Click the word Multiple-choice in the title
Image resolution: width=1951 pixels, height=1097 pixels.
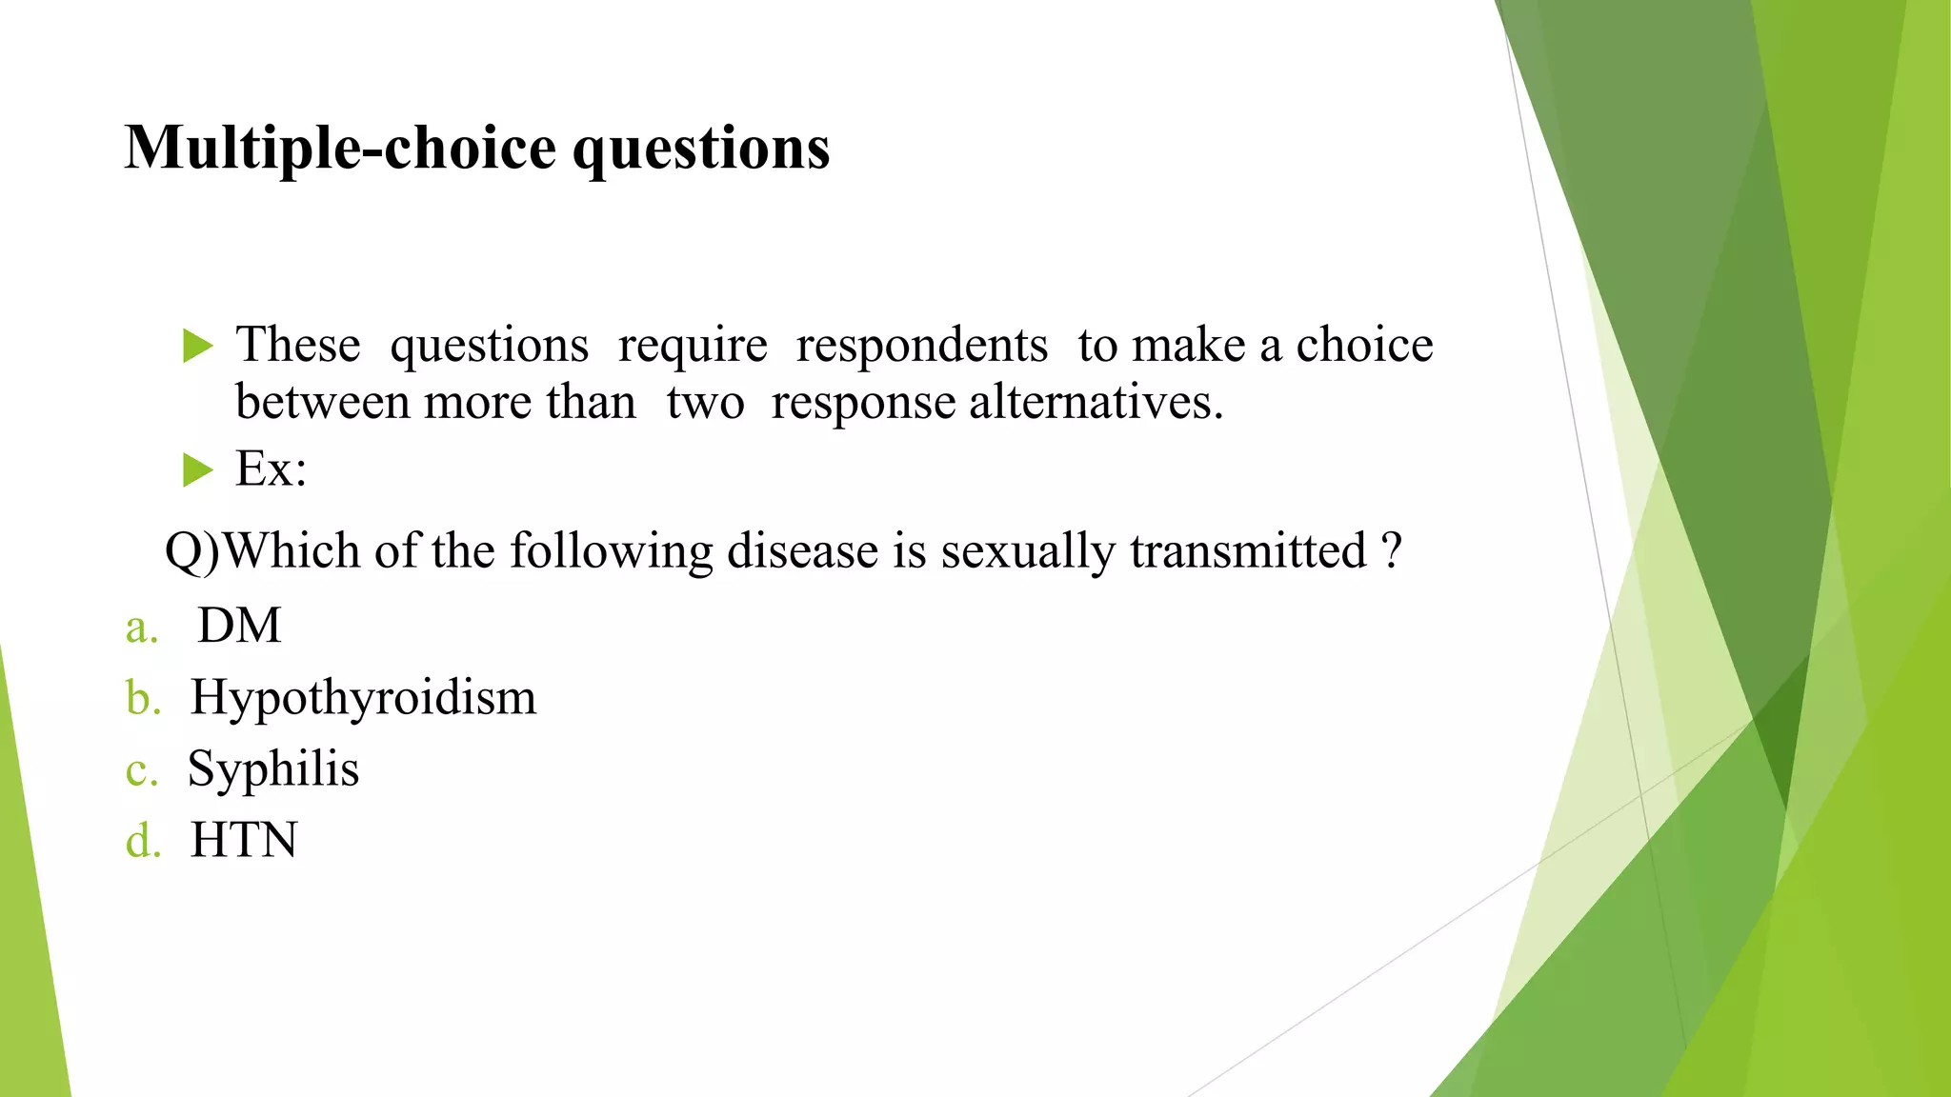[x=340, y=149]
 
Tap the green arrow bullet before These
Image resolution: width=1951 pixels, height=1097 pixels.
[x=197, y=347]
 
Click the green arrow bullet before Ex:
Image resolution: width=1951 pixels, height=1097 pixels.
[x=197, y=469]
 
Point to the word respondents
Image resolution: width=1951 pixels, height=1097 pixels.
[x=921, y=345]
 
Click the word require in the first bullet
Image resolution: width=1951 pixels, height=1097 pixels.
[x=692, y=345]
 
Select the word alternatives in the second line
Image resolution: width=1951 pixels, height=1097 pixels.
[x=1096, y=402]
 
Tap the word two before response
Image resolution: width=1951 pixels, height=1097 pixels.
[x=705, y=402]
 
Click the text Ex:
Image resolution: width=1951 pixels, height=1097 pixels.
[x=271, y=469]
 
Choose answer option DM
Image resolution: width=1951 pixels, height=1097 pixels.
[x=239, y=627]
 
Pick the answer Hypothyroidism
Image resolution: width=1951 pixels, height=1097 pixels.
[x=363, y=698]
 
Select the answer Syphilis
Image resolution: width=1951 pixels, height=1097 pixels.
[x=273, y=768]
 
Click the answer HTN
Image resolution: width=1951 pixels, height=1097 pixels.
[x=244, y=841]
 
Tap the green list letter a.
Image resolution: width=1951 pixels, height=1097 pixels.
[x=141, y=628]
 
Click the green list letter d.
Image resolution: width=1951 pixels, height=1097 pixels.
[x=143, y=842]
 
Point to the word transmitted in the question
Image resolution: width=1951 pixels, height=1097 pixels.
[x=1248, y=551]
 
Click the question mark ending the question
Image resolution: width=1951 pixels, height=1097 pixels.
[x=1392, y=550]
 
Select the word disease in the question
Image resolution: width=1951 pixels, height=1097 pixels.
[x=802, y=551]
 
